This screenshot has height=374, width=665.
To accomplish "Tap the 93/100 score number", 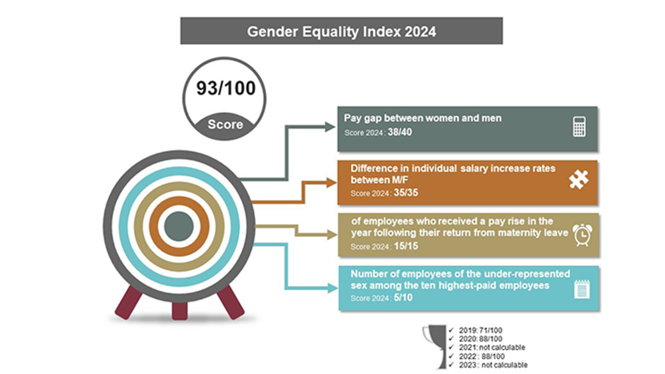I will (224, 89).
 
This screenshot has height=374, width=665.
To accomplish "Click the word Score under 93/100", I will (224, 125).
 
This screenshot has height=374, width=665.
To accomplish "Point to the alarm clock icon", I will (582, 235).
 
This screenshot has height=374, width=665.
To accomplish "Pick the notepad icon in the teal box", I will (581, 288).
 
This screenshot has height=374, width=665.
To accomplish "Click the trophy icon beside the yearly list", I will (431, 341).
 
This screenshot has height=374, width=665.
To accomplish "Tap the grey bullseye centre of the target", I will (178, 225).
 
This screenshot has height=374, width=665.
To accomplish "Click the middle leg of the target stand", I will (180, 309).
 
